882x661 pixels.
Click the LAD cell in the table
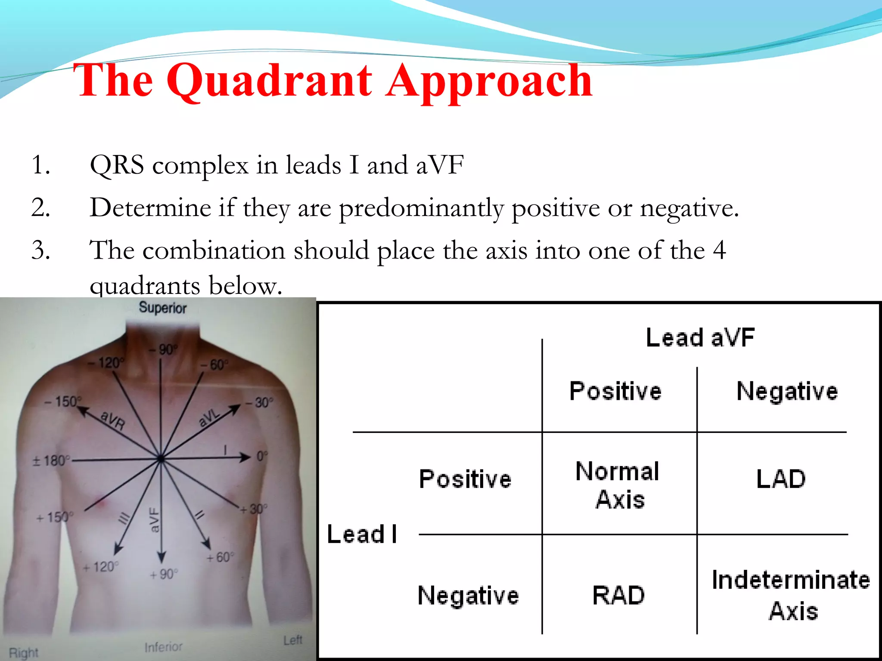[780, 479]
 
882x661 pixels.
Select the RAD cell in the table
[618, 596]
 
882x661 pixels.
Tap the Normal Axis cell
[618, 485]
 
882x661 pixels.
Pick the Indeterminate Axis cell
[791, 596]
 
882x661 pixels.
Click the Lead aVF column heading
[700, 337]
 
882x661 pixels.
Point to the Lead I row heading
[362, 534]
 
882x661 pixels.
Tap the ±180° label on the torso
[51, 461]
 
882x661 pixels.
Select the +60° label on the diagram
[220, 557]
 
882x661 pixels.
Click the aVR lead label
[113, 420]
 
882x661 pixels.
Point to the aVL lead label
[209, 417]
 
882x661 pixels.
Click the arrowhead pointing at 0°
[246, 457]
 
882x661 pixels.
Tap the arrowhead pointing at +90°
[161, 557]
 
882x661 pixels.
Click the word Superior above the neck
[163, 308]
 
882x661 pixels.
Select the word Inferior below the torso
[164, 647]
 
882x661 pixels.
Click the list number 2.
[41, 208]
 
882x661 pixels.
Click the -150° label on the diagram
[63, 402]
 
